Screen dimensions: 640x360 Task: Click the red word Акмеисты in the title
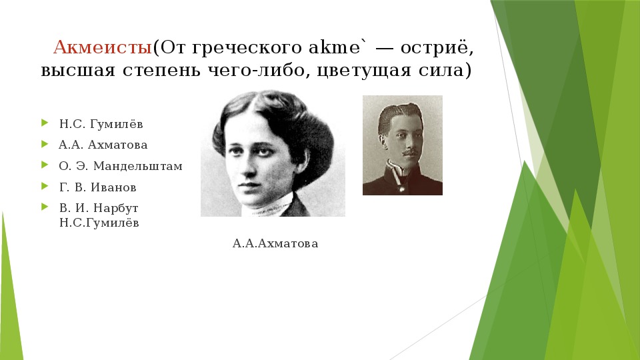coord(103,47)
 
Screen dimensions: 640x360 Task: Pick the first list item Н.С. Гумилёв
coord(101,124)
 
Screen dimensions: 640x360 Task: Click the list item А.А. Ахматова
coord(103,145)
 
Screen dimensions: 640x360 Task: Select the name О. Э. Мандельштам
coord(121,166)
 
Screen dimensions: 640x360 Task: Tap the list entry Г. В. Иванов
coord(97,187)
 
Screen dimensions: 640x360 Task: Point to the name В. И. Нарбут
coord(99,208)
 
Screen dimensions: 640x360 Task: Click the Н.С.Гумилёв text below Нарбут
coord(99,223)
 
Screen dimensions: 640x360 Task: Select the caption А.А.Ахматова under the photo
coord(275,244)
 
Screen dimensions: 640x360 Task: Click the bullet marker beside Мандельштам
coord(45,165)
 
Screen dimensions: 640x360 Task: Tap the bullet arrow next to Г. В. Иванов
coord(45,186)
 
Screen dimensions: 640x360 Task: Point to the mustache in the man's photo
coord(411,153)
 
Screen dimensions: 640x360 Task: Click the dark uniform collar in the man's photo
coord(399,172)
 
